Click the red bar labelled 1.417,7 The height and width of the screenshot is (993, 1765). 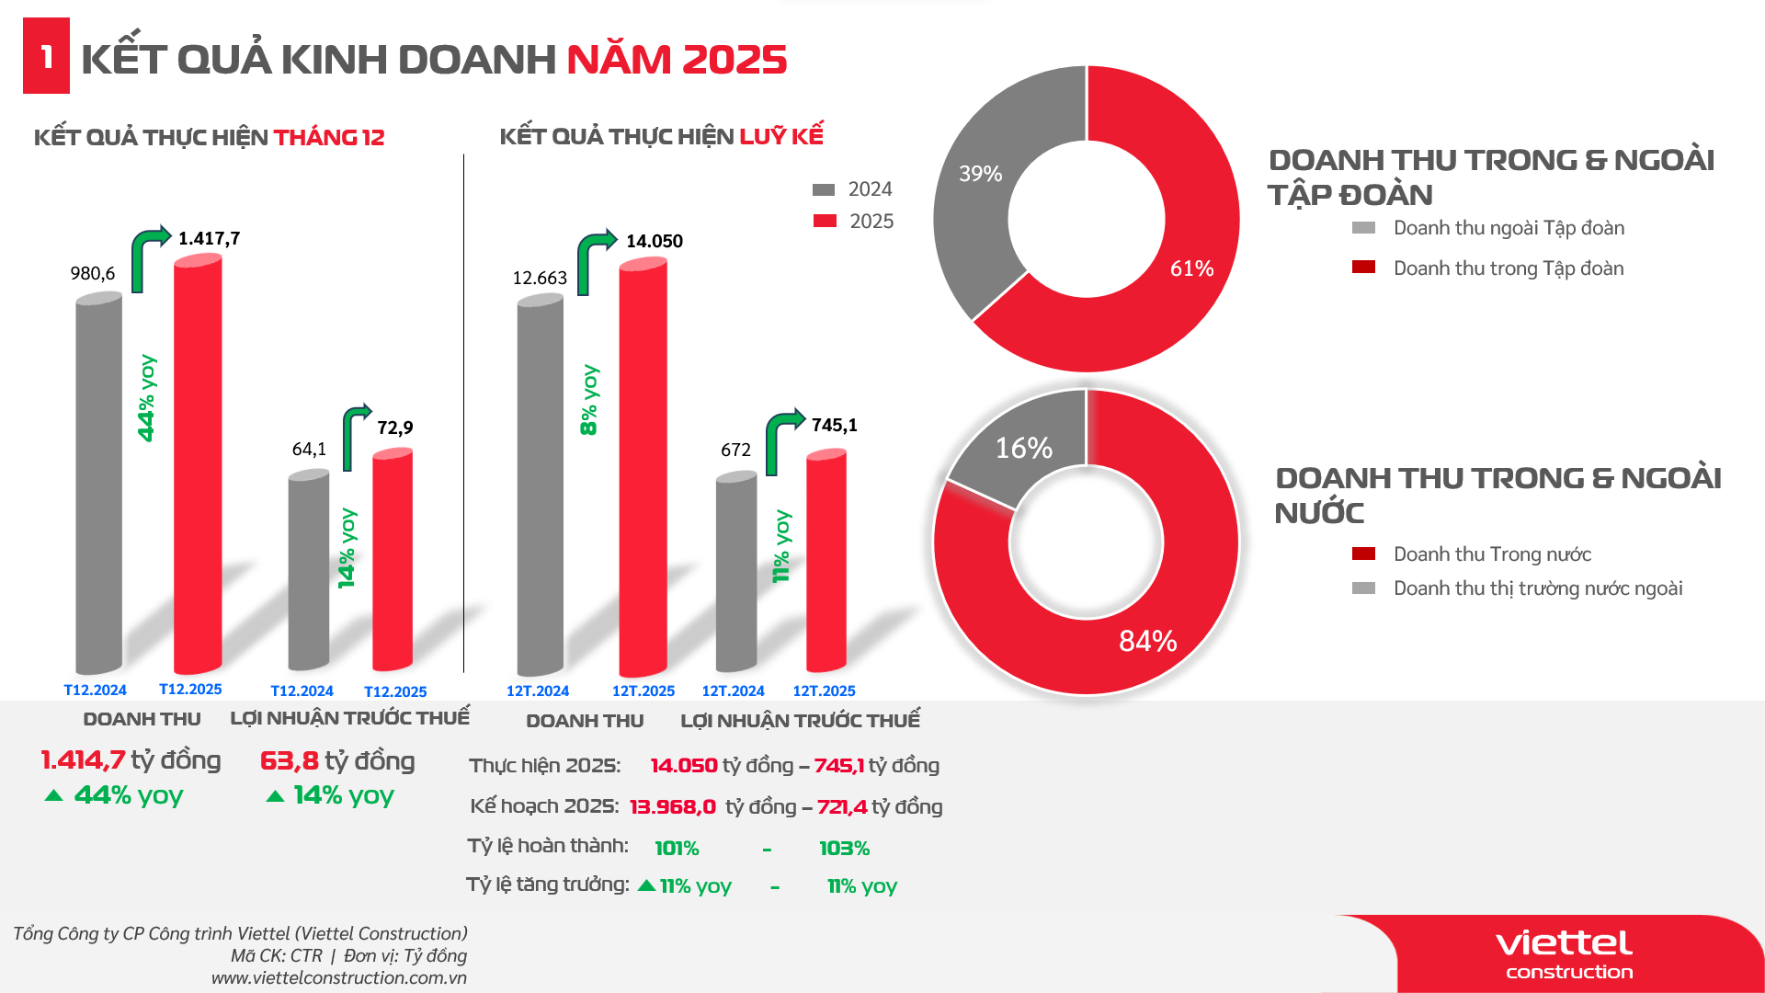[x=198, y=464]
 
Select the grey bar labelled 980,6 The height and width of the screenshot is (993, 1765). [x=98, y=483]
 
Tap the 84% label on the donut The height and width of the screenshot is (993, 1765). [x=1147, y=641]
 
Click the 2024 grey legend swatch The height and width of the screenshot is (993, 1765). [x=824, y=189]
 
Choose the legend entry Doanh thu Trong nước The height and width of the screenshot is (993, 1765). [x=1491, y=554]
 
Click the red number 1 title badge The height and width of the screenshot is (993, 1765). [x=46, y=56]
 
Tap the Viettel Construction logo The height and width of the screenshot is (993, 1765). [x=1565, y=954]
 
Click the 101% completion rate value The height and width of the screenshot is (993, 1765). [x=677, y=848]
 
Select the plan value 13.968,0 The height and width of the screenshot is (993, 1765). [x=672, y=807]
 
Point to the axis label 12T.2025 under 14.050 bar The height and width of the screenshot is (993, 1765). [x=643, y=691]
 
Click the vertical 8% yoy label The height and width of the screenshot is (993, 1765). [x=589, y=400]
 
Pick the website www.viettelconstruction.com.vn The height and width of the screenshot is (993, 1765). [x=339, y=978]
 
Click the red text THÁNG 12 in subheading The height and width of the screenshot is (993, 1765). [x=329, y=138]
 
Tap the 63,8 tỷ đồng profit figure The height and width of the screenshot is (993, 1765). [x=337, y=761]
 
